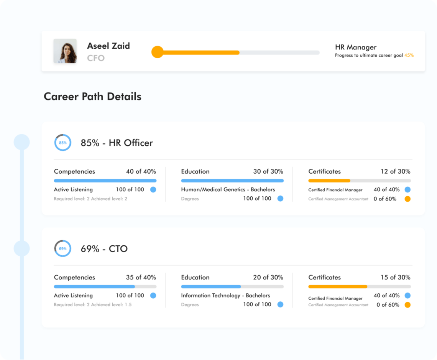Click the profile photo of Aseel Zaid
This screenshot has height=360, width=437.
65,51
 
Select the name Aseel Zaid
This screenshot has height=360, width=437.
108,46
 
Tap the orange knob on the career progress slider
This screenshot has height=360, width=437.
157,52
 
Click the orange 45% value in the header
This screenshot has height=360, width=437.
409,55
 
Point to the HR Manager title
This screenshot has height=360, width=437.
355,47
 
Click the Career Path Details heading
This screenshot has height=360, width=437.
92,96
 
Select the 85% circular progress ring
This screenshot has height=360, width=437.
62,143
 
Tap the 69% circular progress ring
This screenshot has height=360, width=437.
62,248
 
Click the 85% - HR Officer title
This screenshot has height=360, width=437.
117,143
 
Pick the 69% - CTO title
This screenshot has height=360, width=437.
104,249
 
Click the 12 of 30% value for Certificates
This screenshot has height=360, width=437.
395,171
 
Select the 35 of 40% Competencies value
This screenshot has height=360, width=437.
141,277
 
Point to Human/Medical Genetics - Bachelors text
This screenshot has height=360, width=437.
228,189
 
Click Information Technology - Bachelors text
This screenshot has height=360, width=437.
225,296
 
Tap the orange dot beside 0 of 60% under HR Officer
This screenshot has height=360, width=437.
407,199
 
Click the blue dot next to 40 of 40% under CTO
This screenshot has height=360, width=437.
407,296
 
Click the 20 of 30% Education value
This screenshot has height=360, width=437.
268,277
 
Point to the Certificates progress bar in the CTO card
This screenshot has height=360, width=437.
359,286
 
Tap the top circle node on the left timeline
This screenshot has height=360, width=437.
21,142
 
